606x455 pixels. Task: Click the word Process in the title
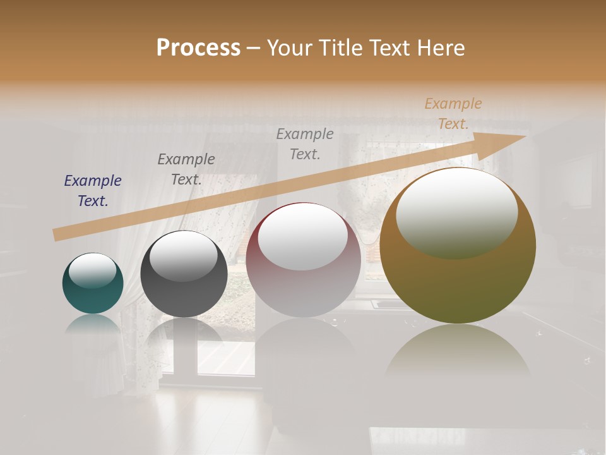click(x=198, y=48)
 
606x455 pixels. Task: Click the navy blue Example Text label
click(x=93, y=191)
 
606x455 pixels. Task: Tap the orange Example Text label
click(x=453, y=114)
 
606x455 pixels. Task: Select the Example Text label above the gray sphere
click(x=186, y=169)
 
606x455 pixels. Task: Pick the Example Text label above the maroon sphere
click(x=305, y=143)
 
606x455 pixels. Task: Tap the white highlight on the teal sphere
click(x=92, y=270)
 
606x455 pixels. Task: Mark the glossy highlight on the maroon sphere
click(x=303, y=236)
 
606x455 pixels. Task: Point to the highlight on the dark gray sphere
click(x=183, y=255)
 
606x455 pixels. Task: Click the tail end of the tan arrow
click(x=59, y=234)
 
